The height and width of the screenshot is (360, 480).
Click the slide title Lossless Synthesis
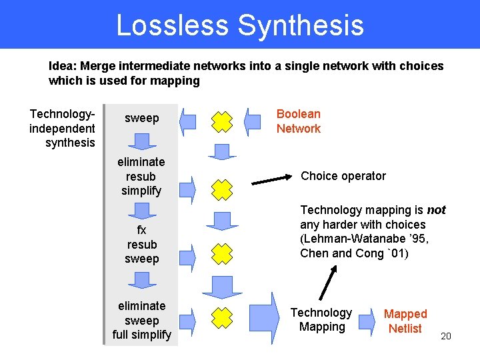240,25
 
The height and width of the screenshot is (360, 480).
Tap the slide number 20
446,335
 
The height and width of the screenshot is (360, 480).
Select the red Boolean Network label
299,121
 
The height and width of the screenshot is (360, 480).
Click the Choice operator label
343,176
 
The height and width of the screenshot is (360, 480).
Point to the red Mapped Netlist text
405,321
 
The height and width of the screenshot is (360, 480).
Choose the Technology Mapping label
321,319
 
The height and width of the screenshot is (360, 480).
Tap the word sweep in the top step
142,118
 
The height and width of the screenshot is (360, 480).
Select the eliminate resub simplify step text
141,176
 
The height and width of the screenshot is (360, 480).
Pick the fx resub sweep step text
142,244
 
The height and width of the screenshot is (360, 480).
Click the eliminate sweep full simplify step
141,320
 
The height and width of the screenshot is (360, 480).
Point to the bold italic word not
436,210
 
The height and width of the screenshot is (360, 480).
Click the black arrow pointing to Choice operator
274,179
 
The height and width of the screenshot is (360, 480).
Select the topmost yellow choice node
222,121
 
